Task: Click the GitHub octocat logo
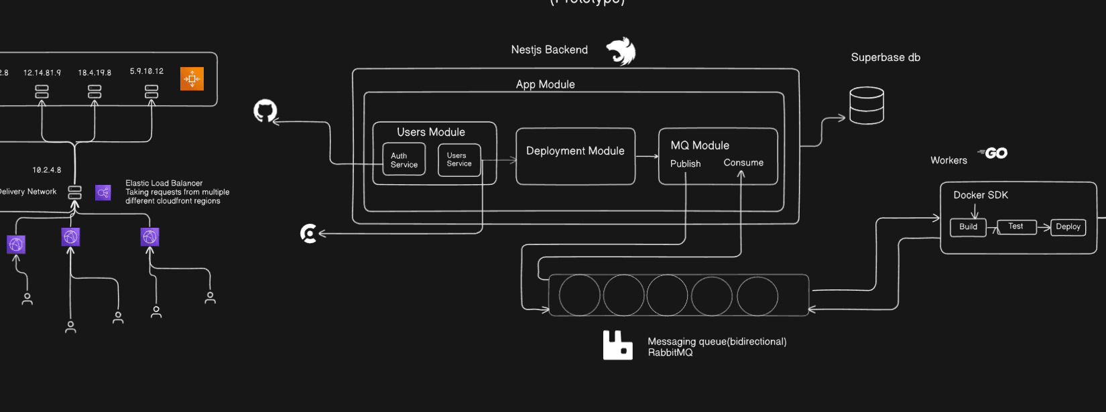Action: (265, 111)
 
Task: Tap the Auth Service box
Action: (404, 159)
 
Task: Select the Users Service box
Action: (459, 159)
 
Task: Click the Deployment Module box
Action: (575, 156)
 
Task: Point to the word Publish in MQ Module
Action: (685, 163)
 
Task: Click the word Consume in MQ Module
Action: (743, 163)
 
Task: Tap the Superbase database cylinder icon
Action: (867, 105)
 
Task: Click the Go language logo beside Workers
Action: (993, 153)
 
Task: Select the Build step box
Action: (968, 227)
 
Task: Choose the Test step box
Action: (1016, 226)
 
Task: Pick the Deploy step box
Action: (1068, 227)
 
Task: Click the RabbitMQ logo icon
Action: (617, 345)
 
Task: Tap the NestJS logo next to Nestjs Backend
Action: (621, 52)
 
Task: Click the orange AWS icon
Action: (192, 78)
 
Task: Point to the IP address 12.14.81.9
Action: (42, 72)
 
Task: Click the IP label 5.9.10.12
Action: (147, 71)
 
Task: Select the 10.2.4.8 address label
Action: (47, 170)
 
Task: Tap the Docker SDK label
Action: (981, 195)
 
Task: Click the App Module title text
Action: (545, 84)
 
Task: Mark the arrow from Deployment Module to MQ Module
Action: (647, 157)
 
